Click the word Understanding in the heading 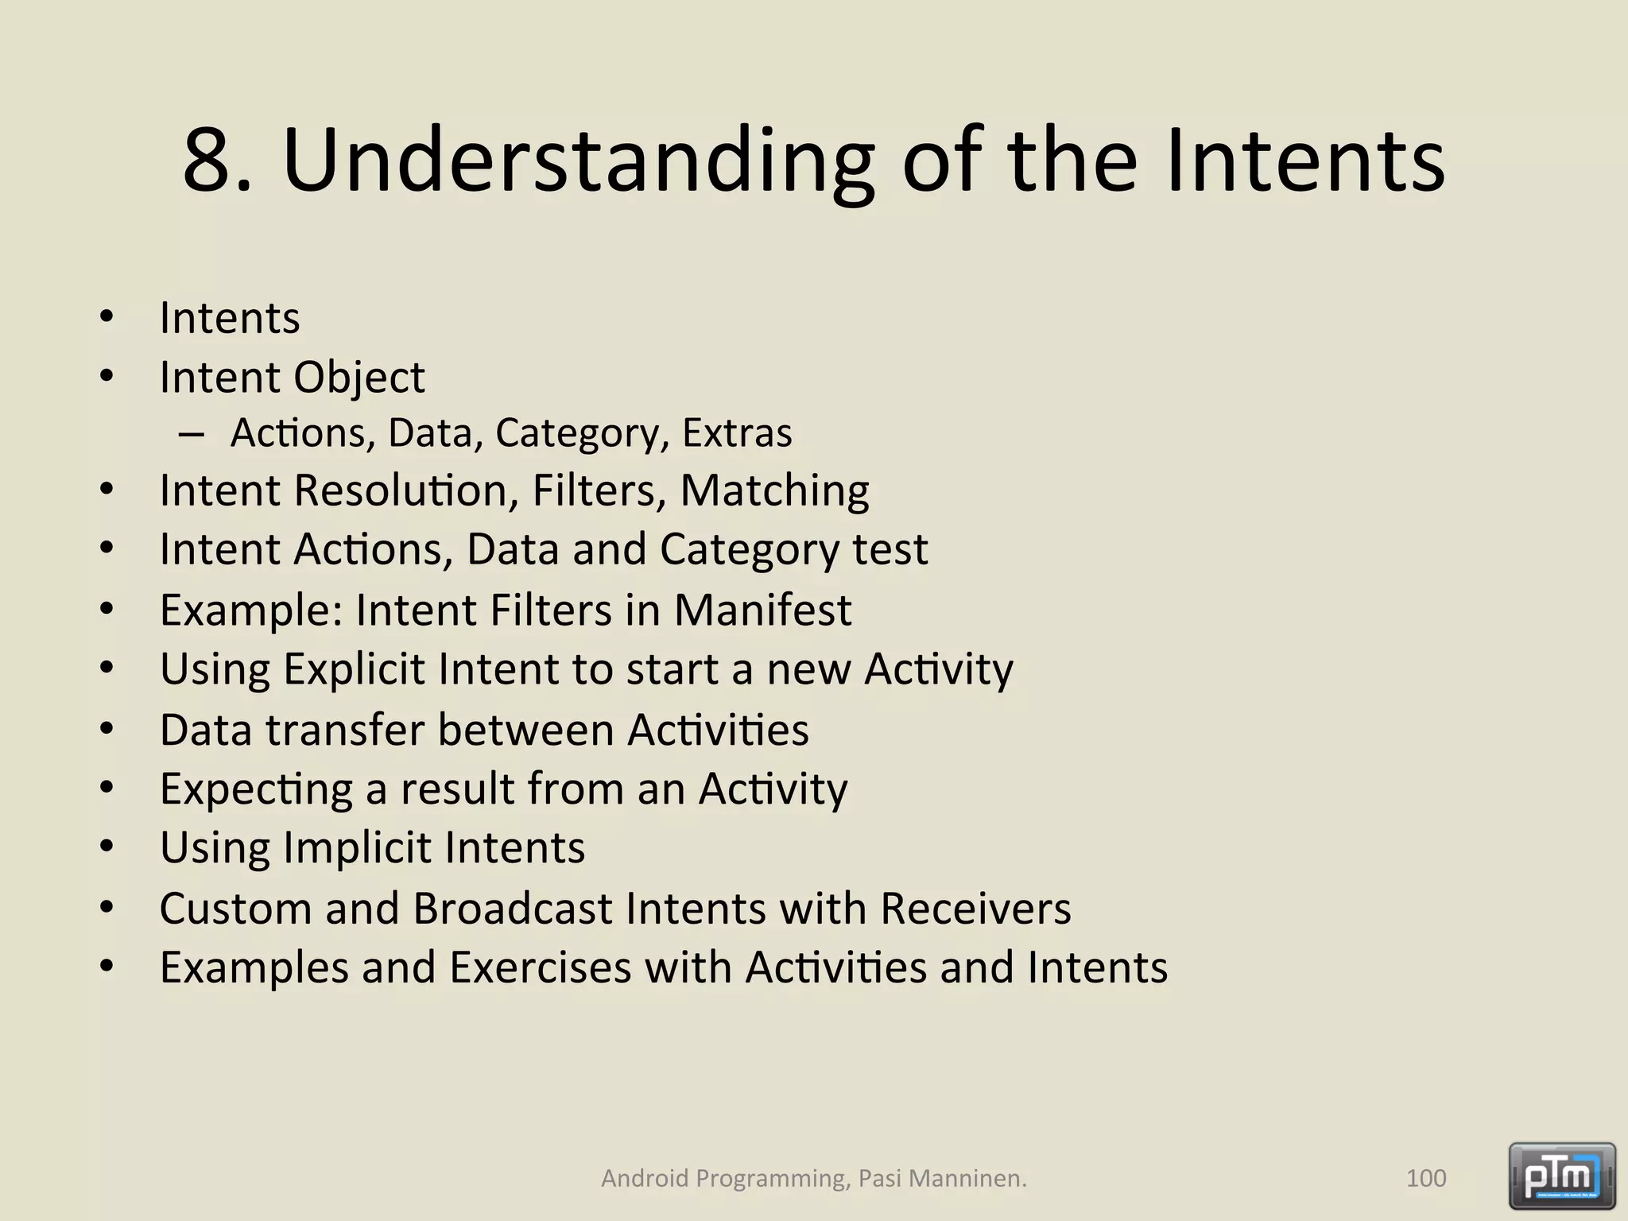(x=578, y=161)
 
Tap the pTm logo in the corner (x=1562, y=1176)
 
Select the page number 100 (x=1426, y=1178)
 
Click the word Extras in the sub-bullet (x=737, y=433)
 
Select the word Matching (x=774, y=490)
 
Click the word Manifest (x=762, y=610)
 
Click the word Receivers (x=975, y=909)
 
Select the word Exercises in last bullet (x=540, y=968)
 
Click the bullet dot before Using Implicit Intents (x=107, y=847)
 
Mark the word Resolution (x=401, y=490)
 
